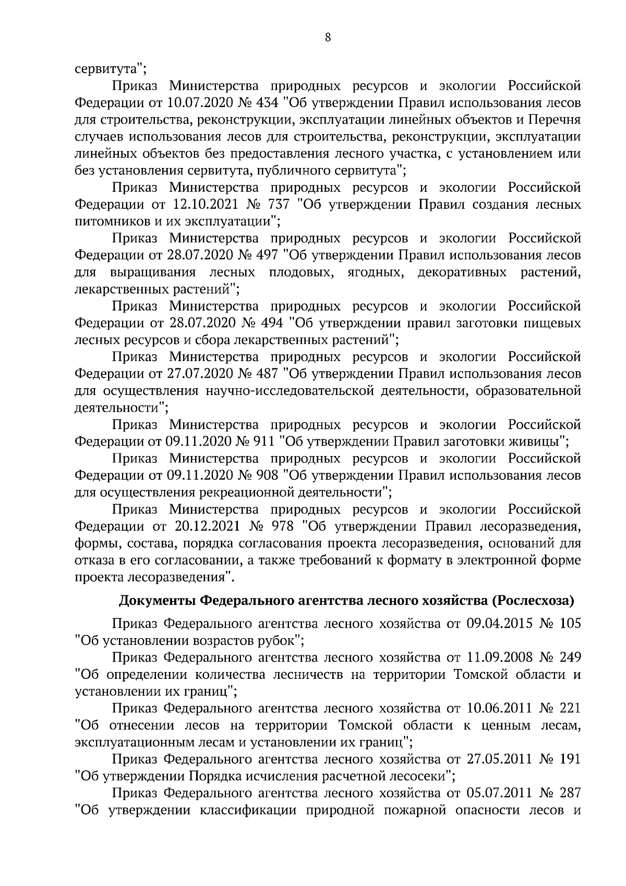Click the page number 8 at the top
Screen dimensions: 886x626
pos(328,37)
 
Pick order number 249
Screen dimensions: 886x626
pos(566,657)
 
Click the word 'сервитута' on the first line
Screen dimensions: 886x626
pos(106,68)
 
